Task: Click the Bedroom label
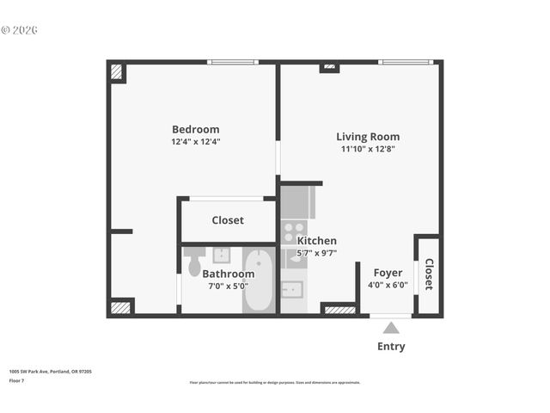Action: pyautogui.click(x=195, y=129)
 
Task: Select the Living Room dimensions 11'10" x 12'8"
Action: pyautogui.click(x=367, y=149)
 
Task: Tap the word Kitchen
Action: pyautogui.click(x=317, y=241)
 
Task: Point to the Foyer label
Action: pyautogui.click(x=387, y=273)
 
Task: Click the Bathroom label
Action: pyautogui.click(x=228, y=274)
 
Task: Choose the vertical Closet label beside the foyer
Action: pyautogui.click(x=428, y=274)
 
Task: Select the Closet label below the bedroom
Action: pyautogui.click(x=228, y=220)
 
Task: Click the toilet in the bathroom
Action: pyautogui.click(x=195, y=262)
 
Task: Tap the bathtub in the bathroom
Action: pyautogui.click(x=257, y=280)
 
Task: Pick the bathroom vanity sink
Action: pyautogui.click(x=221, y=255)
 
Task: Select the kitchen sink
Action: pyautogui.click(x=294, y=288)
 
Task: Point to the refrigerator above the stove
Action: pyautogui.click(x=297, y=202)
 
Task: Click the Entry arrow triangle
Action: pyautogui.click(x=391, y=328)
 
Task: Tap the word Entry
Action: pyautogui.click(x=391, y=347)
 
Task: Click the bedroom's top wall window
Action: pyautogui.click(x=233, y=62)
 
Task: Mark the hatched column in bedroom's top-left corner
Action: pyautogui.click(x=117, y=72)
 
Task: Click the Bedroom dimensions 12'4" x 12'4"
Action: pyautogui.click(x=196, y=142)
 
